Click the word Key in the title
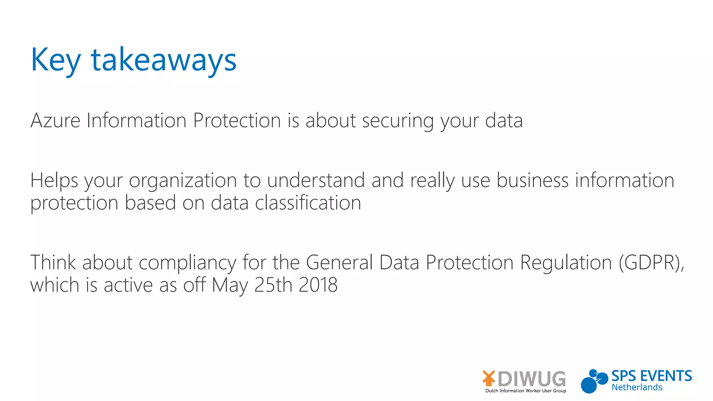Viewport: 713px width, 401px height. click(x=56, y=60)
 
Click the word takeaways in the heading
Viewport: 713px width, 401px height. click(x=164, y=60)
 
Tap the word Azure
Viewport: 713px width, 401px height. click(x=55, y=120)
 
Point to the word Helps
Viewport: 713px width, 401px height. click(x=54, y=181)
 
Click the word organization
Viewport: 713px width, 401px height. click(x=183, y=181)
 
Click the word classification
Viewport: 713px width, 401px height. click(x=308, y=203)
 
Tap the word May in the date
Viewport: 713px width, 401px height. click(x=229, y=285)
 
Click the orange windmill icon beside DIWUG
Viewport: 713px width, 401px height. click(x=489, y=378)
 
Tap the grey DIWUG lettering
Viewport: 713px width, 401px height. click(x=532, y=379)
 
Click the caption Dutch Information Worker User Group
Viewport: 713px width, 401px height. click(x=526, y=391)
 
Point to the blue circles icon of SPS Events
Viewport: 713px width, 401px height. click(x=593, y=381)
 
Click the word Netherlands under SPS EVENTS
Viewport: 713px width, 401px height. click(x=637, y=387)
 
